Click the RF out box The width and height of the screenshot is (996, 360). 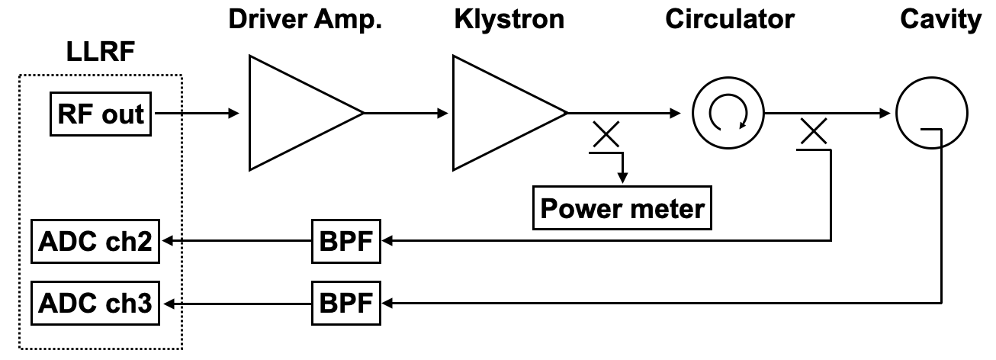tap(100, 114)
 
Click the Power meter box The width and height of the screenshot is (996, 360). tap(622, 207)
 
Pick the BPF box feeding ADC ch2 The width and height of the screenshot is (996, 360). tap(345, 241)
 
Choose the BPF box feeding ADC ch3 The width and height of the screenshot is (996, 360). tap(345, 304)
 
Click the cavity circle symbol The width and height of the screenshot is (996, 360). tap(931, 114)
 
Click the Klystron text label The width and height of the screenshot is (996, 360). tap(509, 19)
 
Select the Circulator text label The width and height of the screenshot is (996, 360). tap(729, 19)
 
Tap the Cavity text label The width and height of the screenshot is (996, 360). tap(939, 19)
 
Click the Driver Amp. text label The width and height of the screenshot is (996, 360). tap(306, 19)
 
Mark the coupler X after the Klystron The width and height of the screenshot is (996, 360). tap(606, 136)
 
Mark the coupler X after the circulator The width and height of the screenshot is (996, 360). tap(814, 133)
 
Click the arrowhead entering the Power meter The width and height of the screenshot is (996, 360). tap(622, 178)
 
